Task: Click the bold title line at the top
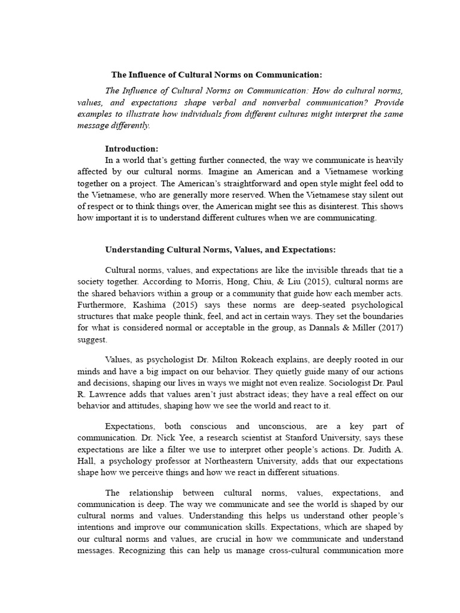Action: [217, 75]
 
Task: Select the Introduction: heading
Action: [132, 148]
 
